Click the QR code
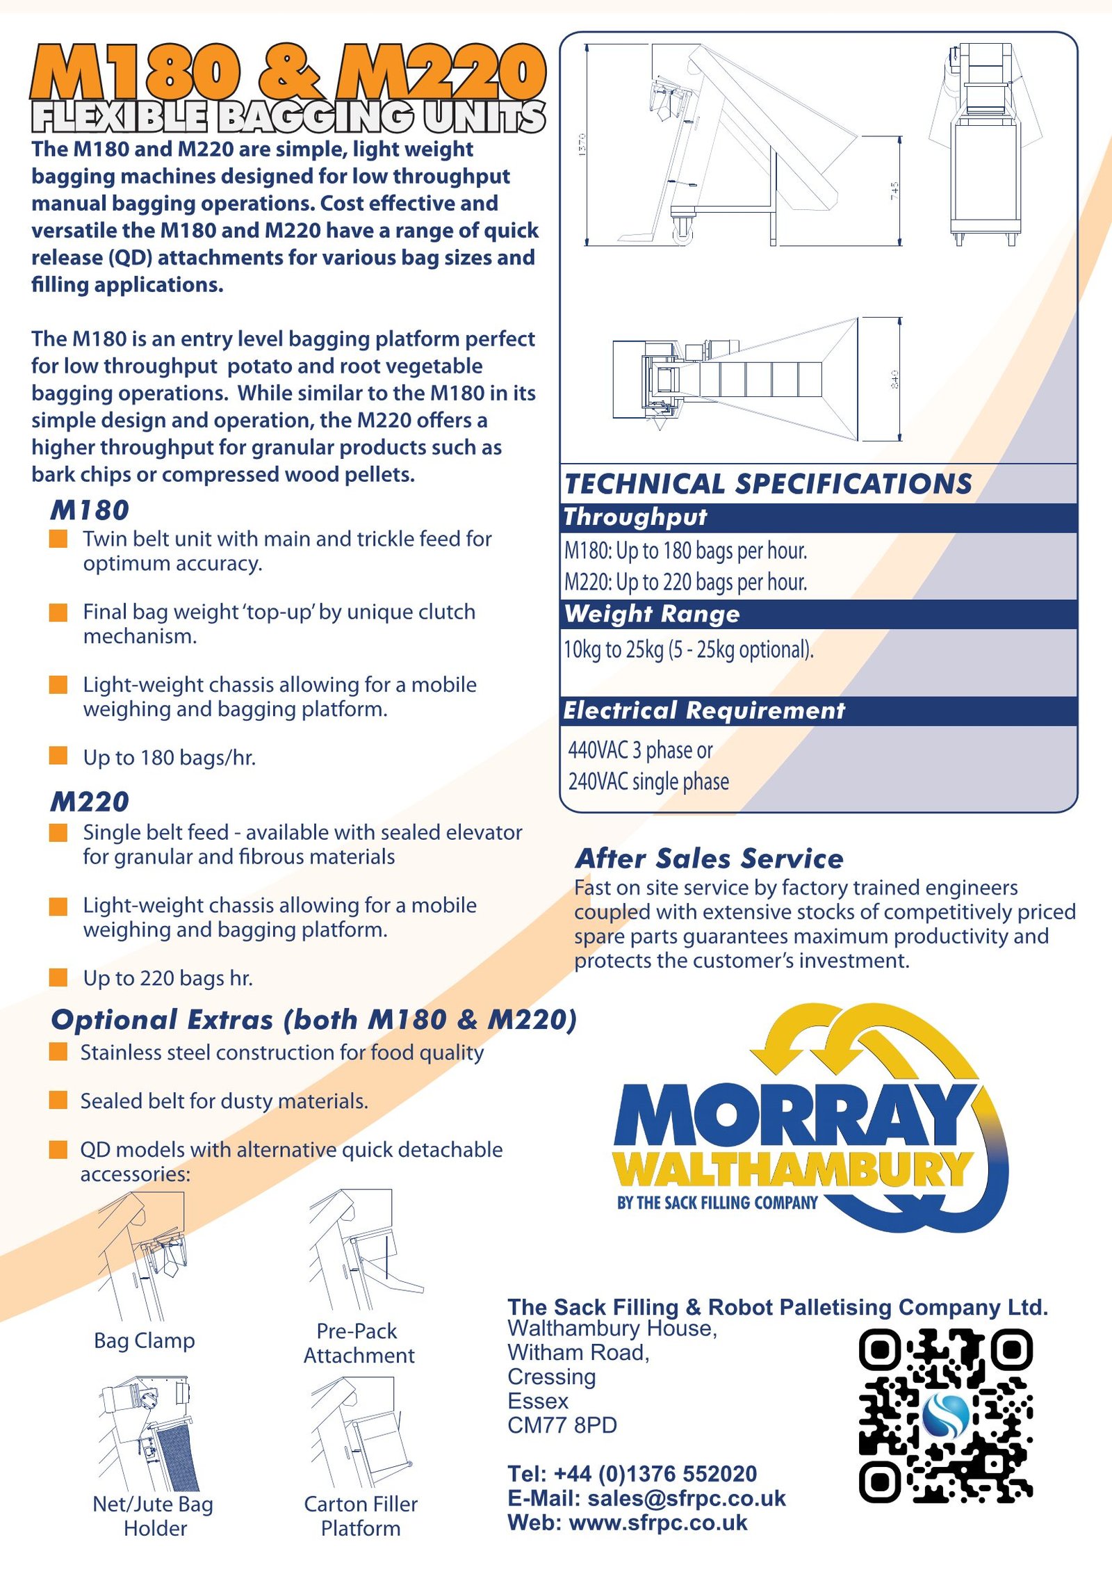(x=945, y=1415)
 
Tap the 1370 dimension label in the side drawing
(x=582, y=144)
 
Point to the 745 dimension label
(x=894, y=191)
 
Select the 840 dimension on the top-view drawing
(x=894, y=379)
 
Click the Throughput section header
(x=635, y=517)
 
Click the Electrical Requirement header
(x=703, y=711)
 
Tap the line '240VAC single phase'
(x=648, y=781)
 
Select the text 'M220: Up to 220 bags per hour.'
(x=685, y=582)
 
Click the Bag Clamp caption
(x=145, y=1340)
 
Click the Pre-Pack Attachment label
(x=358, y=1343)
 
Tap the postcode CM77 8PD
(x=562, y=1425)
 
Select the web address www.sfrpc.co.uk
(x=657, y=1523)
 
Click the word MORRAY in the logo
(x=792, y=1117)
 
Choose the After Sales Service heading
(x=709, y=859)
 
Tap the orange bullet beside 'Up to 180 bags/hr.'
(x=58, y=756)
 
